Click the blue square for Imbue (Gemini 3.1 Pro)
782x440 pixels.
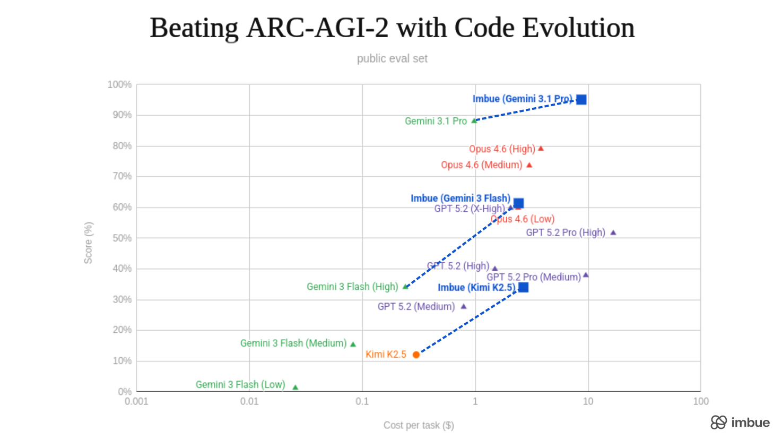[x=581, y=100]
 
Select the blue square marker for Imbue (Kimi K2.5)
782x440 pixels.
[x=523, y=287]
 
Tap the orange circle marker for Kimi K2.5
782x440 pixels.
[x=416, y=355]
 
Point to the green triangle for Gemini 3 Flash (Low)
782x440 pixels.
[x=296, y=387]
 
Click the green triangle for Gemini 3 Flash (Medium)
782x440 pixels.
[x=353, y=344]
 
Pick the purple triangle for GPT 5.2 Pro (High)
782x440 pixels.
[x=613, y=232]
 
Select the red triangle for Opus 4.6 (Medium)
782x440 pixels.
[x=529, y=165]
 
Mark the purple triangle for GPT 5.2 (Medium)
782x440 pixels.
[x=464, y=306]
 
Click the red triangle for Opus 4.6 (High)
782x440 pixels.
[x=541, y=149]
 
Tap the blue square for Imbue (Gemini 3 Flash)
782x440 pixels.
[x=519, y=203]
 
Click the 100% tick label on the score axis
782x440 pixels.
[x=119, y=85]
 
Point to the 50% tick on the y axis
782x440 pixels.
[x=122, y=238]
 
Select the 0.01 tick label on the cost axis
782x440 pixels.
[x=249, y=402]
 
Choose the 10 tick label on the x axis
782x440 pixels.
[x=588, y=402]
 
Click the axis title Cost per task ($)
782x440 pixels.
[x=419, y=425]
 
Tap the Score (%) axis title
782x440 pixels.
[x=88, y=243]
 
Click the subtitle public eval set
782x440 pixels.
[x=392, y=59]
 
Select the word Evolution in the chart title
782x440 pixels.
[x=578, y=28]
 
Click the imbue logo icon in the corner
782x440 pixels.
[x=718, y=422]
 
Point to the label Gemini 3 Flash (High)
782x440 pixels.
[x=352, y=287]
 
